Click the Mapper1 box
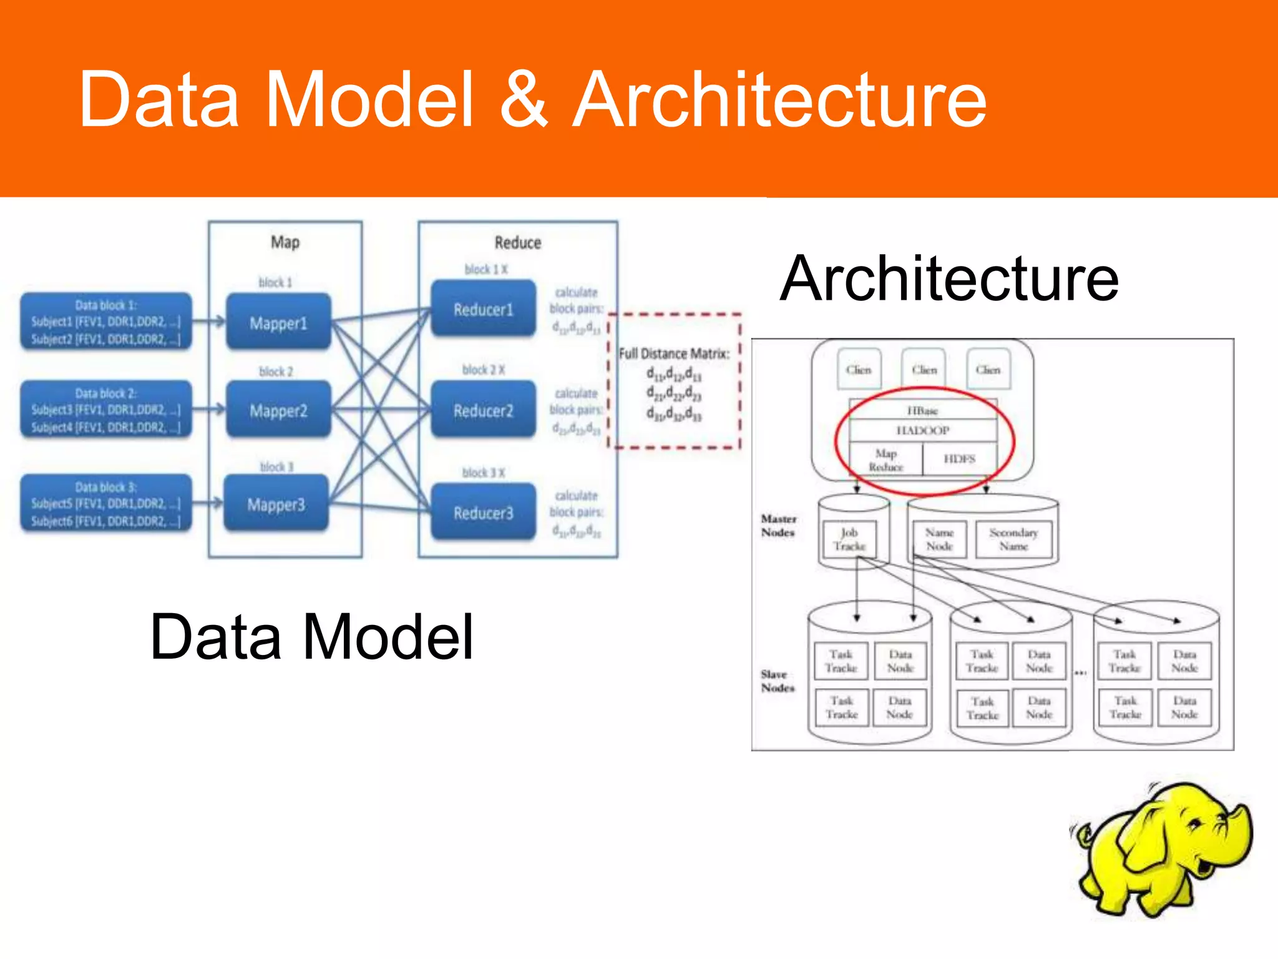click(x=278, y=322)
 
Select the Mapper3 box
click(x=276, y=504)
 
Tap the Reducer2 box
click(x=483, y=410)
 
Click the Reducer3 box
click(x=483, y=513)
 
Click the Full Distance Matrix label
click(x=674, y=354)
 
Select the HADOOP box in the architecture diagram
click(x=922, y=430)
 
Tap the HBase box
click(x=922, y=410)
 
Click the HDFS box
click(x=959, y=459)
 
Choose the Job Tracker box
click(x=849, y=539)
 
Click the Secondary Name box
click(x=1013, y=539)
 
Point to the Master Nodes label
click(x=778, y=526)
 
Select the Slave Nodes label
click(x=778, y=681)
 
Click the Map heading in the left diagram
click(x=285, y=242)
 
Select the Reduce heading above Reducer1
click(x=517, y=242)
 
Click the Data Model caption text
click(x=312, y=637)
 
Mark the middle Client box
click(x=924, y=370)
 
